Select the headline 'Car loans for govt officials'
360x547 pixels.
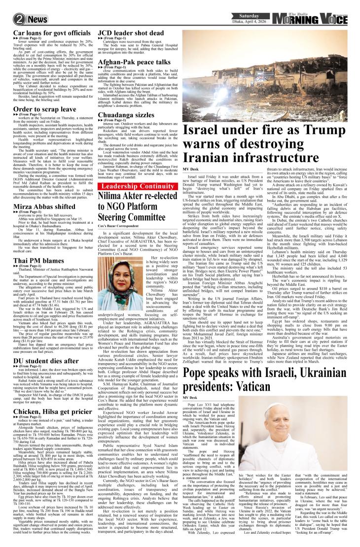[x=45, y=34]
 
